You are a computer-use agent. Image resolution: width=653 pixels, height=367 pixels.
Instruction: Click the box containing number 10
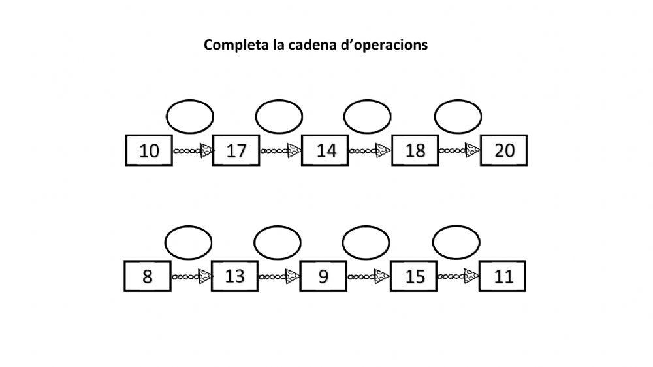150,151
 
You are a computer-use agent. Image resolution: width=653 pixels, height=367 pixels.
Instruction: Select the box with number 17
236,151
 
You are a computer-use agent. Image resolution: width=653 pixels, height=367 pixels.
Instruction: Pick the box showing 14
325,151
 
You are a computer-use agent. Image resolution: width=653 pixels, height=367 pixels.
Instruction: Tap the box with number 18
415,151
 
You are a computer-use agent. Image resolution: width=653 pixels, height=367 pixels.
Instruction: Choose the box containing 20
503,151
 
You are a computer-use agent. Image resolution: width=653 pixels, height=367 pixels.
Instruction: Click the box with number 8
148,276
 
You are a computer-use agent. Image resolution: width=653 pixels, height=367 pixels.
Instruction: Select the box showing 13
235,276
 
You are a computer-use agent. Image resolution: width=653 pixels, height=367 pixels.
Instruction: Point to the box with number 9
323,276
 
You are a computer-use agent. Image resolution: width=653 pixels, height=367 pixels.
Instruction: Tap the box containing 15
413,276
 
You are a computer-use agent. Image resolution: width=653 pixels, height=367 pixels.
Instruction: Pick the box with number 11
502,276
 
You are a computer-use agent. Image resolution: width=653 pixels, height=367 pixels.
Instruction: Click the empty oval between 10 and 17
190,116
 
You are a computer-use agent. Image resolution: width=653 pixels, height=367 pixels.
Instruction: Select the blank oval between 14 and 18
367,116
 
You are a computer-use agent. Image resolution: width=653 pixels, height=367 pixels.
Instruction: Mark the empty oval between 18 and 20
458,116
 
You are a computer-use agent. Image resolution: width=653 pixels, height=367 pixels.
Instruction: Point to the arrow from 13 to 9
279,276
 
